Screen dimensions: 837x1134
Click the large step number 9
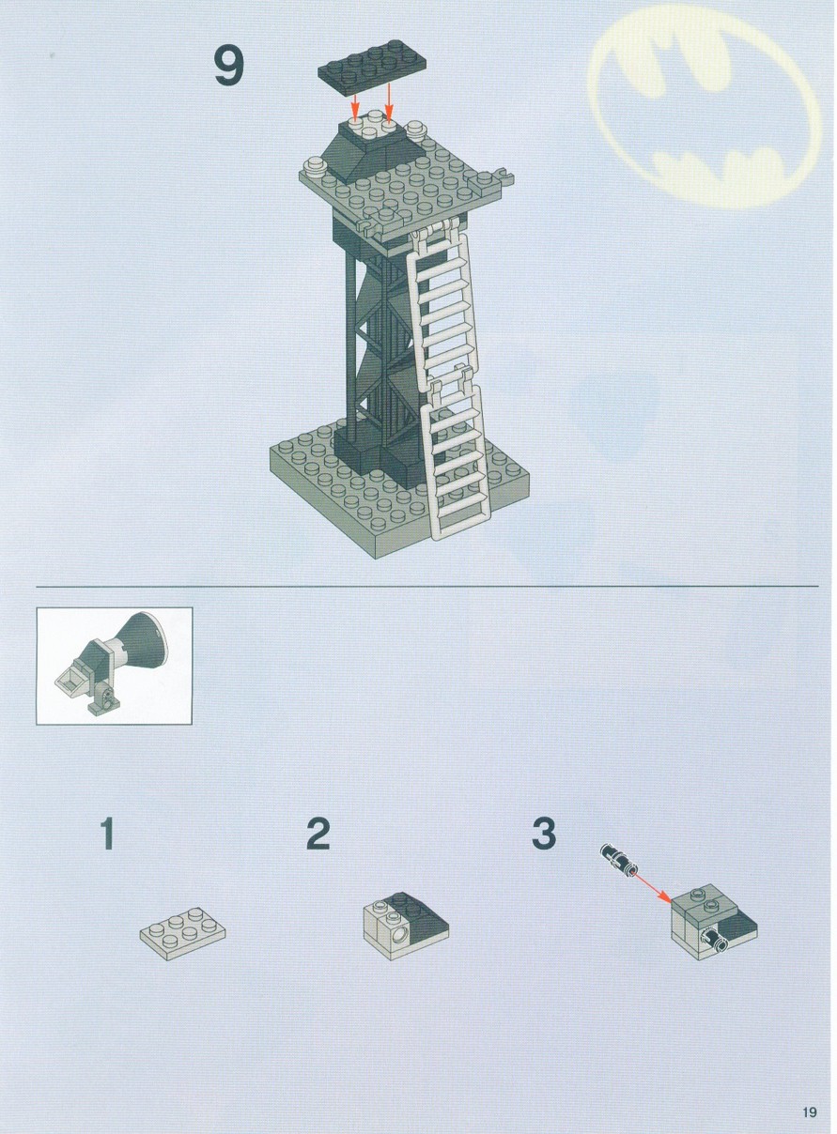coord(229,66)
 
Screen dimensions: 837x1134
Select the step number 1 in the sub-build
coord(106,834)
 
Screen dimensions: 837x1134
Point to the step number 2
coord(318,834)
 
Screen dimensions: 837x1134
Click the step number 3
coord(544,834)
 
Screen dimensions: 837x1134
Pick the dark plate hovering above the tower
coord(372,68)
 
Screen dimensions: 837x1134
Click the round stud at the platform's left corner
coord(314,166)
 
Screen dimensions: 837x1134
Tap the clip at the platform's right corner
coord(505,176)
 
